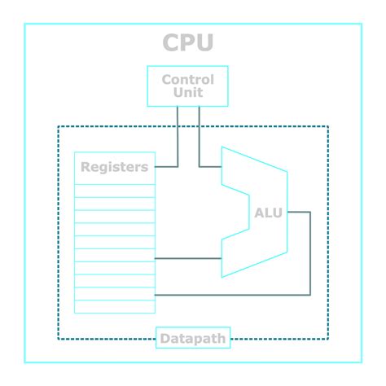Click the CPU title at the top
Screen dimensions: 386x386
[187, 42]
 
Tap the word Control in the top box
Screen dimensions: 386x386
[187, 80]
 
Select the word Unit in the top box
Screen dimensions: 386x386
[187, 93]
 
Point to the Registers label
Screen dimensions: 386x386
[114, 168]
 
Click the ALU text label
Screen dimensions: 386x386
[268, 213]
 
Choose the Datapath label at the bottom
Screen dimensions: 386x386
[192, 338]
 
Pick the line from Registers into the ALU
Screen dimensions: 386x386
[187, 258]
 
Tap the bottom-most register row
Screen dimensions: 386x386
[114, 307]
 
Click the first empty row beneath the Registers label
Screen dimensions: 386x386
[114, 191]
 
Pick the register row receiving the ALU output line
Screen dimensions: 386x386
[114, 293]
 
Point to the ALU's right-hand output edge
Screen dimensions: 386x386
[287, 213]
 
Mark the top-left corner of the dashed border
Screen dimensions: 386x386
[59, 126]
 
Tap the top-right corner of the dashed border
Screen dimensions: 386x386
[327, 126]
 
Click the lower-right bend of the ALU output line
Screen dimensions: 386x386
[310, 294]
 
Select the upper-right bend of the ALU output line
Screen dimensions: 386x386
[310, 212]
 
